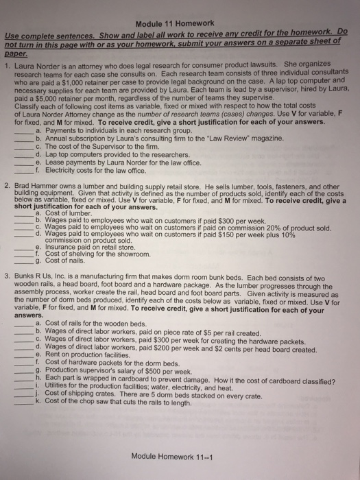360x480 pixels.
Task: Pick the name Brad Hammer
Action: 38,167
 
